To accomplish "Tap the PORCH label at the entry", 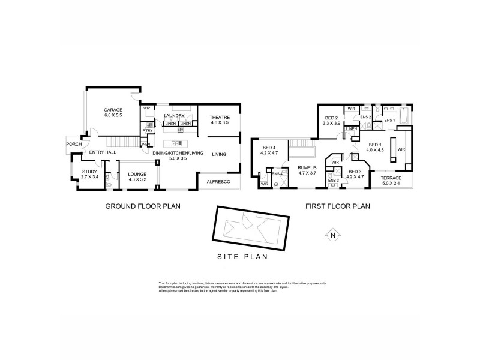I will [74, 144].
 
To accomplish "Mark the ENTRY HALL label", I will [103, 153].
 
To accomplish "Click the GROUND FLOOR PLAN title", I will [143, 206].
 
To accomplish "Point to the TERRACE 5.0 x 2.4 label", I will [392, 180].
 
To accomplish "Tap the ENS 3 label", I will [333, 181].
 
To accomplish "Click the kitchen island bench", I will [175, 143].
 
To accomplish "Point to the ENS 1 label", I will [389, 121].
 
